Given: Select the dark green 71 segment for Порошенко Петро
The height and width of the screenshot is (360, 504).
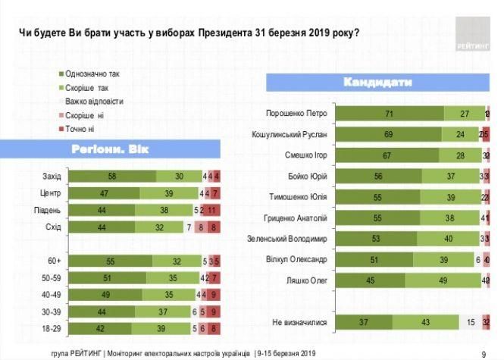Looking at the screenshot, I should (390, 114).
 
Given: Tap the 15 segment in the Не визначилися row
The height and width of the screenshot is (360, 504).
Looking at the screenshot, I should (471, 322).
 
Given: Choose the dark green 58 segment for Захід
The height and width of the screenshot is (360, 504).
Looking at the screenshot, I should (111, 176).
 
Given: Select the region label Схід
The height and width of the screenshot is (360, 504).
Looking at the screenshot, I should (52, 227).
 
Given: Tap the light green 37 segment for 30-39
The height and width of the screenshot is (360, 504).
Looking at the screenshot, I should (165, 311).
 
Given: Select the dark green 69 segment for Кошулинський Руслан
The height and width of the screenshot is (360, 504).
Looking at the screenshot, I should (388, 135).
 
